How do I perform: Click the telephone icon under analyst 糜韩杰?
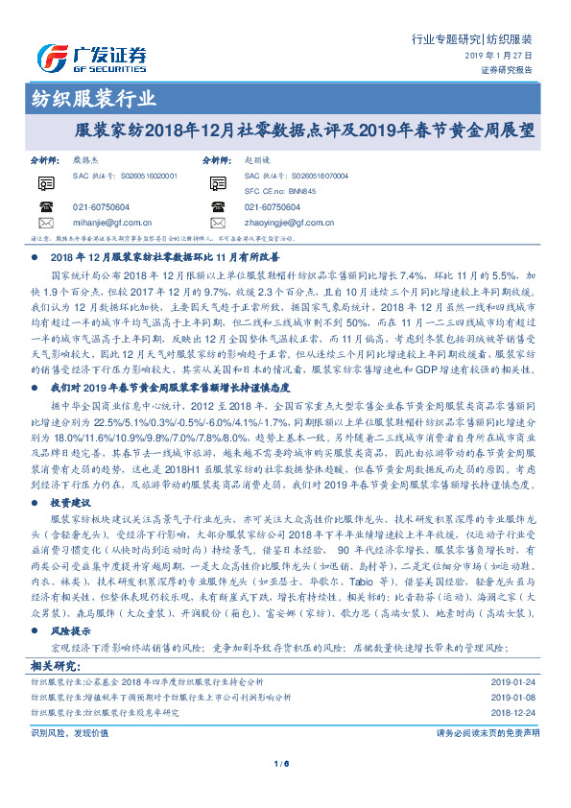45,206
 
